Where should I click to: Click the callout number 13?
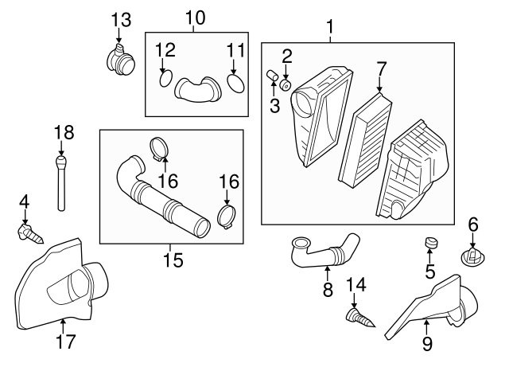(x=121, y=20)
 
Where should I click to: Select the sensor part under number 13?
(x=120, y=60)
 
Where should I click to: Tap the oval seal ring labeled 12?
(x=166, y=78)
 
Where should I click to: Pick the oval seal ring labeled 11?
(x=235, y=83)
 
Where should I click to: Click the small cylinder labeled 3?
(x=272, y=75)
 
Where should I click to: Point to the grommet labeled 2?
(x=285, y=85)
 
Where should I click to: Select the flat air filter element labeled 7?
(x=365, y=140)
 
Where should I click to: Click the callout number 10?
(x=196, y=18)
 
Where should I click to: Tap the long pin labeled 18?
(x=61, y=183)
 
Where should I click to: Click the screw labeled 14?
(x=360, y=318)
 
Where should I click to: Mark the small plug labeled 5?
(x=431, y=242)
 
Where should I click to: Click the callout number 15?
(x=173, y=260)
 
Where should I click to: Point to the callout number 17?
(x=66, y=342)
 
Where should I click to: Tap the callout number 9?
(x=427, y=344)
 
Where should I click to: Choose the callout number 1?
(x=330, y=27)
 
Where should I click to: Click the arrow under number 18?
(x=61, y=148)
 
